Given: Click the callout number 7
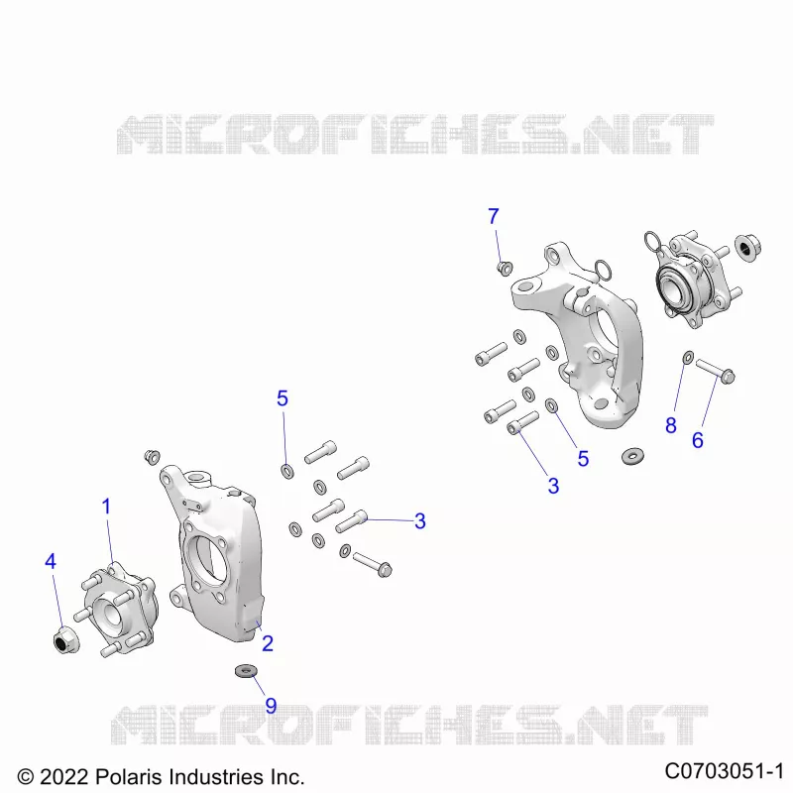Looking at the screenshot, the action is [494, 216].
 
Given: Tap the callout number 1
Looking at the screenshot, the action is [106, 507].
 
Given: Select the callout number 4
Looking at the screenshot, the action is [51, 561].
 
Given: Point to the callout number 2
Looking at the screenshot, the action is [268, 643].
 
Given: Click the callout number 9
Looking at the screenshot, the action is [271, 706].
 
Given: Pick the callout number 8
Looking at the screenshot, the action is [671, 425].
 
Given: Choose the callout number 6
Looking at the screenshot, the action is [698, 440].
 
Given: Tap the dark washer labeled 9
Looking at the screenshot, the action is [246, 672].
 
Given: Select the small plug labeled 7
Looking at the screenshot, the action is [505, 268].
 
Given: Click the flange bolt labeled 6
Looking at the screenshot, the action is [716, 371].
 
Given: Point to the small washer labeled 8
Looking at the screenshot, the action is [688, 358].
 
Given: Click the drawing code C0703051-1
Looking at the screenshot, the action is [725, 771].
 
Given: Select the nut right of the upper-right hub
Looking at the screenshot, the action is [748, 248].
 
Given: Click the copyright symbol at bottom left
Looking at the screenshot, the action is [26, 777].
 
